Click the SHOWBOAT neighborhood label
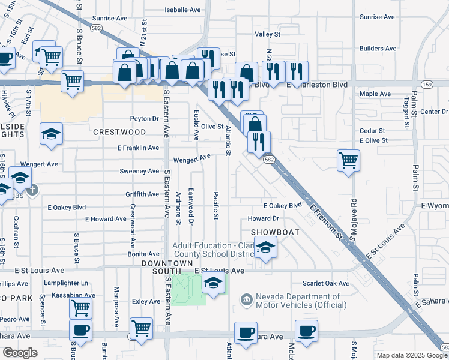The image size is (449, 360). (x=270, y=231)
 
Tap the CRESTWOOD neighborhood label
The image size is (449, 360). (x=119, y=131)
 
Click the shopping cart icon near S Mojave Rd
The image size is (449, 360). (x=348, y=161)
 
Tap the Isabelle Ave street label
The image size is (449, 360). (x=183, y=10)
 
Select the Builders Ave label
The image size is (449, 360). (x=378, y=49)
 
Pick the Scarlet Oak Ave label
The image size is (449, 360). (x=326, y=283)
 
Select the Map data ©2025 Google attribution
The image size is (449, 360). (x=411, y=355)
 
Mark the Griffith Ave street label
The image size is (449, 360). (x=142, y=194)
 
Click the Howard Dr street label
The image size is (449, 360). (x=264, y=219)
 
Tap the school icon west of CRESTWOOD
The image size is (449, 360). (x=51, y=134)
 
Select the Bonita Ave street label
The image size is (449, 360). (x=143, y=254)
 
